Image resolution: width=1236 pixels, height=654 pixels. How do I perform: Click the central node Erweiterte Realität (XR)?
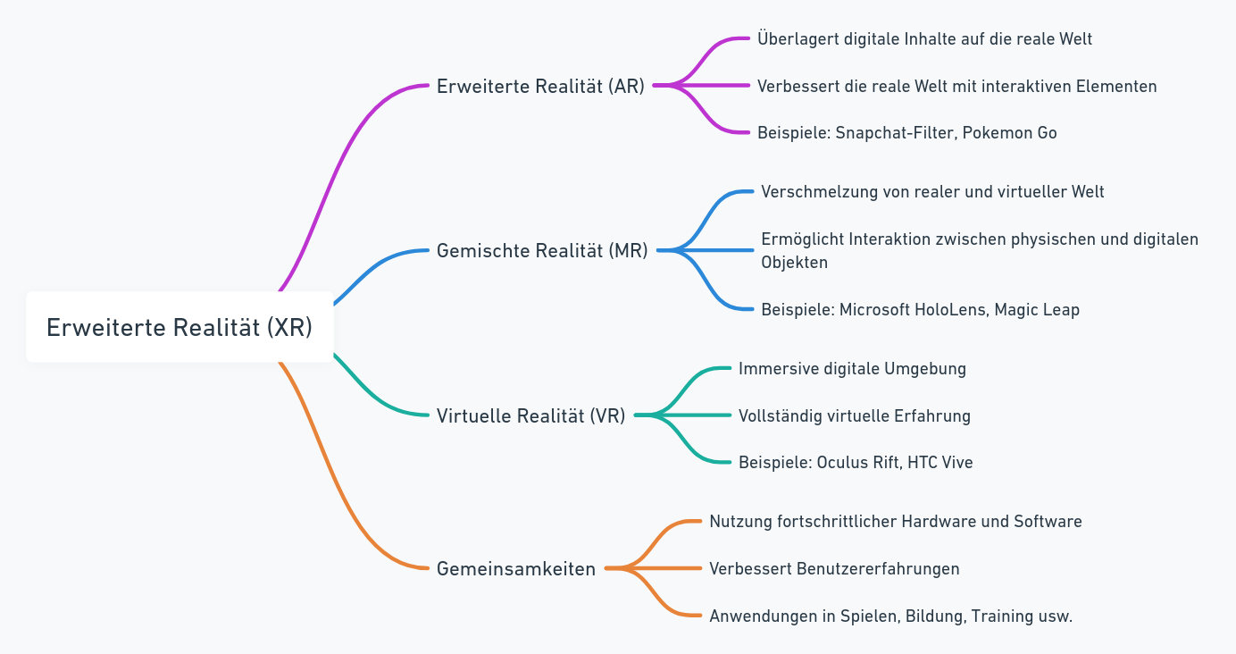click(x=180, y=328)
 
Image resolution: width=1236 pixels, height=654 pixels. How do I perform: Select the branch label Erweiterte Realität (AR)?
click(x=540, y=87)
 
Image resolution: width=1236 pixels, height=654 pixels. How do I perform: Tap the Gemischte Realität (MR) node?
click(x=542, y=251)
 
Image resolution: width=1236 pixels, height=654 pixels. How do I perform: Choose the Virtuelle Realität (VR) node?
click(x=530, y=415)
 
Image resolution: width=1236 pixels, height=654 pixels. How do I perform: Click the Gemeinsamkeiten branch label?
click(x=516, y=569)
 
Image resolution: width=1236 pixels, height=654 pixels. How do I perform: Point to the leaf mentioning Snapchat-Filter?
click(x=906, y=133)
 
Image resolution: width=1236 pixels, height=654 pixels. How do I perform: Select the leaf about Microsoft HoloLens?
click(x=920, y=310)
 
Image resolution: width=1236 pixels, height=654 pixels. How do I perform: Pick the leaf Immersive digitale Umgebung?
click(x=852, y=369)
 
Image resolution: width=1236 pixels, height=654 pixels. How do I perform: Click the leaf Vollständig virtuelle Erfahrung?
click(x=854, y=415)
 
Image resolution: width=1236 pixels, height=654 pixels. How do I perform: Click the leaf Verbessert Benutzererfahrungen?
click(x=834, y=569)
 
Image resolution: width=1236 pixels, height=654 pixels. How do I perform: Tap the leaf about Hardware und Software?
click(x=895, y=522)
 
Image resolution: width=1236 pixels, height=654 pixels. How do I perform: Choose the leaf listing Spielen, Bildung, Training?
click(x=890, y=616)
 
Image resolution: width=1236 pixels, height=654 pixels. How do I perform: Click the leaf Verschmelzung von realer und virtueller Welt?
click(x=932, y=192)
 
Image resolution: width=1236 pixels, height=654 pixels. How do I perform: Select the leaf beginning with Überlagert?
click(x=924, y=39)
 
